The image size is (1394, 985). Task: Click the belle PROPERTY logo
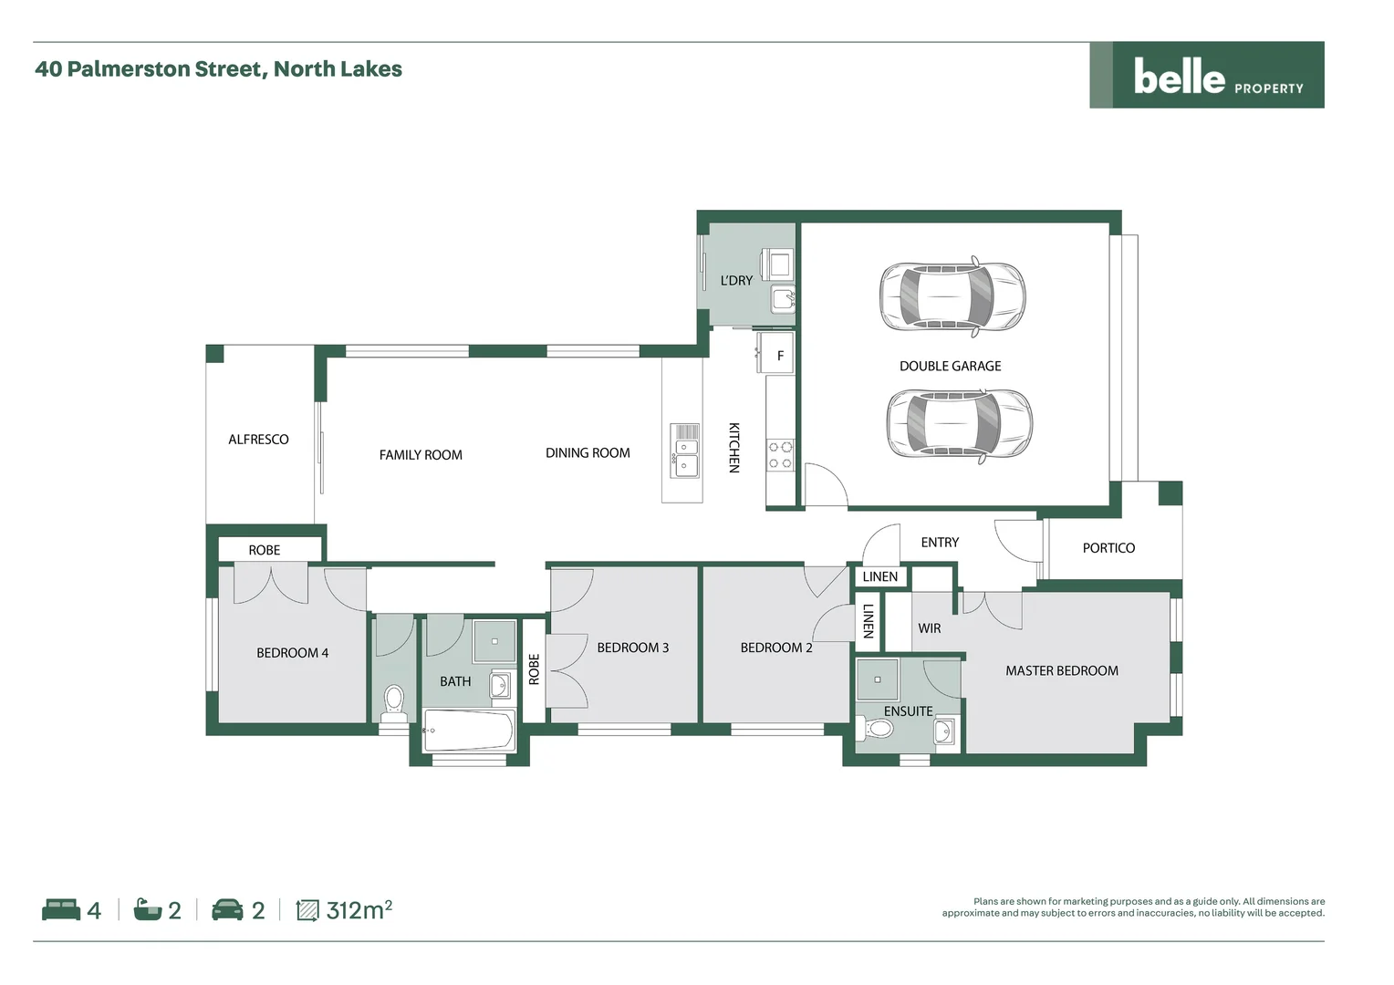coord(1206,76)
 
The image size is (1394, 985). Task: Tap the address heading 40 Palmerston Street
coord(218,69)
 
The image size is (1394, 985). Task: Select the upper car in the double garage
coord(952,297)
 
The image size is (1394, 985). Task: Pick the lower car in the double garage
coord(959,424)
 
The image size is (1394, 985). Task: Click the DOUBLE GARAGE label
coord(950,366)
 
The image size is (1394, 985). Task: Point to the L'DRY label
coord(736,280)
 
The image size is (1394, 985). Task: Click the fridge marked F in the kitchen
coord(778,356)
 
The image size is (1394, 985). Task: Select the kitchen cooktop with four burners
coord(779,454)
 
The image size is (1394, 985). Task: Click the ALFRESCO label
coord(258,440)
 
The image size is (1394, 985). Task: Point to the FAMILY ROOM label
coord(421,454)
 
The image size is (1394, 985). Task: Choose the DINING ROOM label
coord(588,453)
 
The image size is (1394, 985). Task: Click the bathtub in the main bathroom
coord(469,731)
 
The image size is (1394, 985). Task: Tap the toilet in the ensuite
coord(877,729)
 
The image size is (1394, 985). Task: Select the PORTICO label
coord(1108,548)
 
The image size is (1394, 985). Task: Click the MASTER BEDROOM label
coord(1061,670)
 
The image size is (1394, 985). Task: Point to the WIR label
coord(929,628)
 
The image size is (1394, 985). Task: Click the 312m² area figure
coord(359,910)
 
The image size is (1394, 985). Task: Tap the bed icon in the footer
coord(61,910)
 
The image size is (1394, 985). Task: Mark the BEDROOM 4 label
coord(292,653)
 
